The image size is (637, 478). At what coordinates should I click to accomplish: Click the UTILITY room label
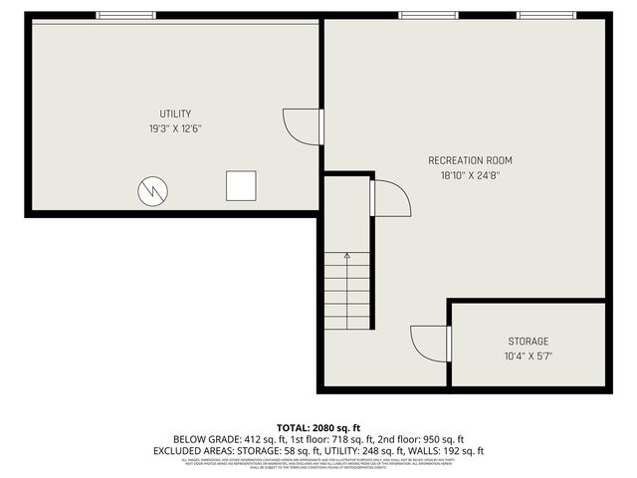175,114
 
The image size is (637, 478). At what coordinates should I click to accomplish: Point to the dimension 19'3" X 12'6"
175,128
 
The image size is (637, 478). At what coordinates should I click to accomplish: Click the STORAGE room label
528,342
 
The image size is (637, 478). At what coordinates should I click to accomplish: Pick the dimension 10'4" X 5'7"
528,356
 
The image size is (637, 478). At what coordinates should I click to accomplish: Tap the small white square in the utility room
241,186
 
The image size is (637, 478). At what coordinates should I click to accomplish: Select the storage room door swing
430,344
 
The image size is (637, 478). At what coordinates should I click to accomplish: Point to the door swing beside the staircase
391,197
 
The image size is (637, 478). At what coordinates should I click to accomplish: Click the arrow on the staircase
346,257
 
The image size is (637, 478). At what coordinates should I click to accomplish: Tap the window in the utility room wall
126,15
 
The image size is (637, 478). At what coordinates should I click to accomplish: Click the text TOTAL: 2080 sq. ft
318,426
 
